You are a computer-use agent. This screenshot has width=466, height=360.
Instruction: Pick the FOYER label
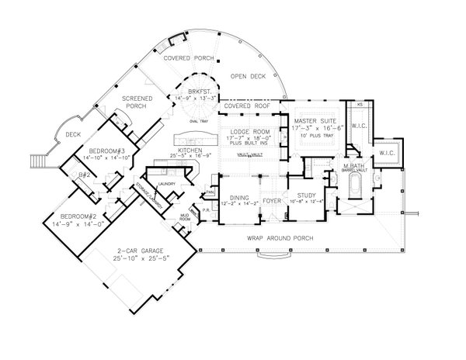point(271,199)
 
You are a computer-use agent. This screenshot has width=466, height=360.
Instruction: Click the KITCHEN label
point(191,149)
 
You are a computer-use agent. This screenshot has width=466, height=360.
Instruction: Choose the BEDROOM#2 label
point(71,216)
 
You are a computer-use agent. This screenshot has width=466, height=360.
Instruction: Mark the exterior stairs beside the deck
point(36,162)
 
